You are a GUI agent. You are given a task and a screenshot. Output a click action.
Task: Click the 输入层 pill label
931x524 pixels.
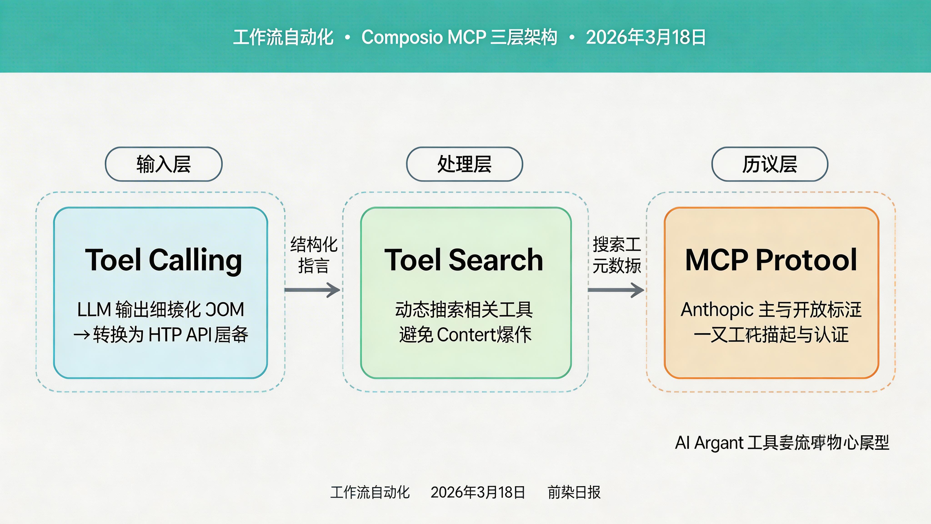click(x=163, y=164)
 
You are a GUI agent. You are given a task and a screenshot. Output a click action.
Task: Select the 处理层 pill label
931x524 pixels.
click(x=464, y=164)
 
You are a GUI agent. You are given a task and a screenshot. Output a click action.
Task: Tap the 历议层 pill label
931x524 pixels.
click(x=769, y=164)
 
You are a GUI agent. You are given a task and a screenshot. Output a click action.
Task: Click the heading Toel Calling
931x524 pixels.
click(x=163, y=260)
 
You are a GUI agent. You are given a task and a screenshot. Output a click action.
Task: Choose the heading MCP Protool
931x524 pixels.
click(x=771, y=260)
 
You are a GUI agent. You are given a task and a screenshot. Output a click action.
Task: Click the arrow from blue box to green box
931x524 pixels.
click(x=312, y=290)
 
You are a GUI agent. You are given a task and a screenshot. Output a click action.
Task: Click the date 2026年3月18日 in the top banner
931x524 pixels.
click(x=646, y=37)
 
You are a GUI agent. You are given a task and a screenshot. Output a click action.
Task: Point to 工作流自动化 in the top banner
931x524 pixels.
click(x=283, y=37)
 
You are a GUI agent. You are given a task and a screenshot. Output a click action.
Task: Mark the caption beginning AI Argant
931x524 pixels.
click(x=782, y=443)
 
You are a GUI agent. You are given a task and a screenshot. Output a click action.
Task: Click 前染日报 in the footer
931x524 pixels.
click(x=574, y=492)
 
